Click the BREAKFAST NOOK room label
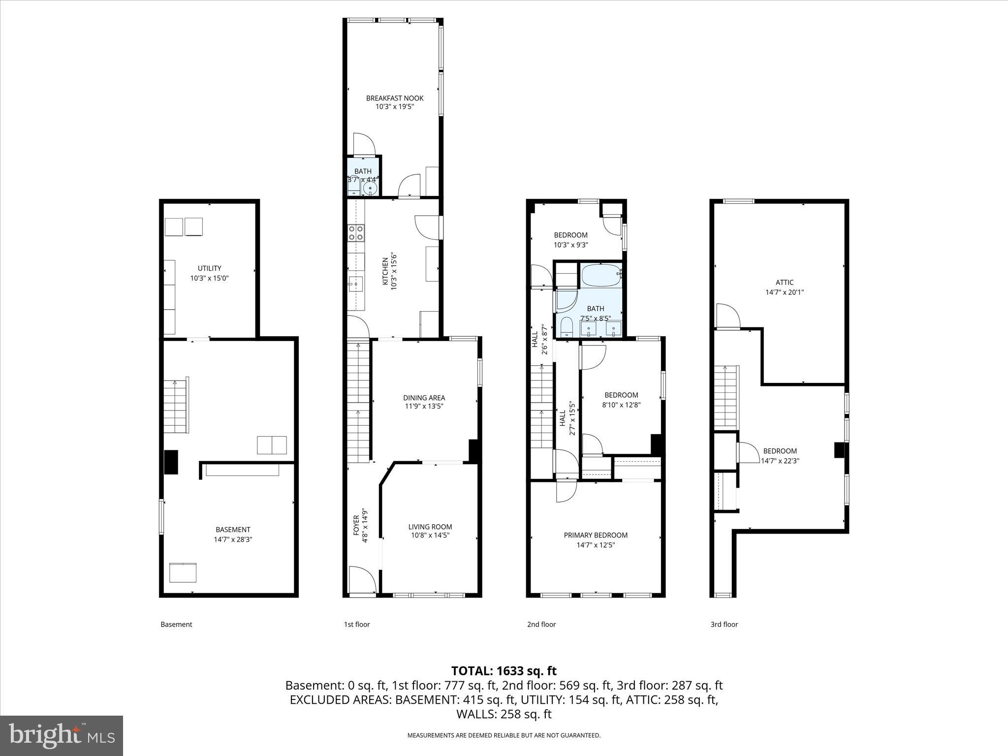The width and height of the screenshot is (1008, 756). click(x=395, y=98)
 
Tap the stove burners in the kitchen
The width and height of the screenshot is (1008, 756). click(x=356, y=232)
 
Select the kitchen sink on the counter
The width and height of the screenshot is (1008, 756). click(x=355, y=284)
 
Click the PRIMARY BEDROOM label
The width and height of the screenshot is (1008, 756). click(x=596, y=535)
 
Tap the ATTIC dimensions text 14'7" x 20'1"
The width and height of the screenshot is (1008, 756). click(x=785, y=292)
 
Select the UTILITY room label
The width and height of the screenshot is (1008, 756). click(x=209, y=268)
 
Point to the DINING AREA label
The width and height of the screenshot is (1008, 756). click(x=424, y=398)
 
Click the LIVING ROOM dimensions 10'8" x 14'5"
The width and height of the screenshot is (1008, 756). click(x=430, y=535)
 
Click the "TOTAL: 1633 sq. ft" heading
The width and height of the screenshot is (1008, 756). click(x=504, y=671)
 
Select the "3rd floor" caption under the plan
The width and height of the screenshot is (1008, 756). click(x=724, y=625)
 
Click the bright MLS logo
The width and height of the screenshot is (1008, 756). click(x=62, y=736)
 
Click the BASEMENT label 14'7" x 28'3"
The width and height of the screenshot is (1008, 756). click(x=233, y=535)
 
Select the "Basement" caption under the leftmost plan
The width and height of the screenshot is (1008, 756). click(x=176, y=625)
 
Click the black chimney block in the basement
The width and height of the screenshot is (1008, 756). click(x=171, y=462)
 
